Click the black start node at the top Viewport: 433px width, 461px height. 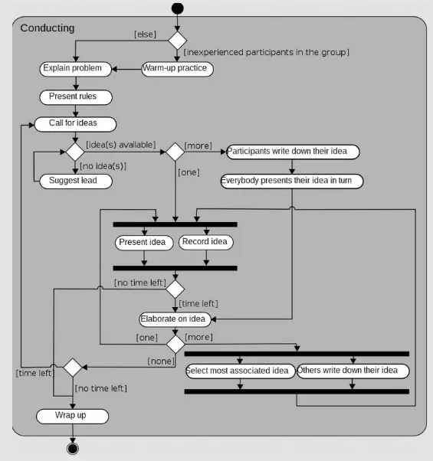click(178, 8)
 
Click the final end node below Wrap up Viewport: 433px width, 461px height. click(73, 447)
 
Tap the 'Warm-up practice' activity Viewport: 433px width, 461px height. click(176, 69)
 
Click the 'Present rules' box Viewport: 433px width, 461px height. click(75, 96)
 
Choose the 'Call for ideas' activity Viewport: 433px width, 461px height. click(75, 123)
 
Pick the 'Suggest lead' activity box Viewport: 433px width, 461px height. click(74, 181)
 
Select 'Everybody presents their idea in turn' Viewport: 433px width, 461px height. click(291, 181)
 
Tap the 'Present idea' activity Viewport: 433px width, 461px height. click(143, 243)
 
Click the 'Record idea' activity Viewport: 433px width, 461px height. click(205, 242)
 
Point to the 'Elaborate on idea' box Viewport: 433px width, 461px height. click(173, 319)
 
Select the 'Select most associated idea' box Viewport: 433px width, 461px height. click(240, 371)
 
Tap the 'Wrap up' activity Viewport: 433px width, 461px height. click(72, 416)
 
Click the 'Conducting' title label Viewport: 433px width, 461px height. click(48, 28)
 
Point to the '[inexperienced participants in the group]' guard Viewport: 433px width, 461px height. click(267, 52)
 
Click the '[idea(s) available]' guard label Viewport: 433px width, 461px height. click(120, 144)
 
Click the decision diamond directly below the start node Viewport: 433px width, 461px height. click(178, 40)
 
